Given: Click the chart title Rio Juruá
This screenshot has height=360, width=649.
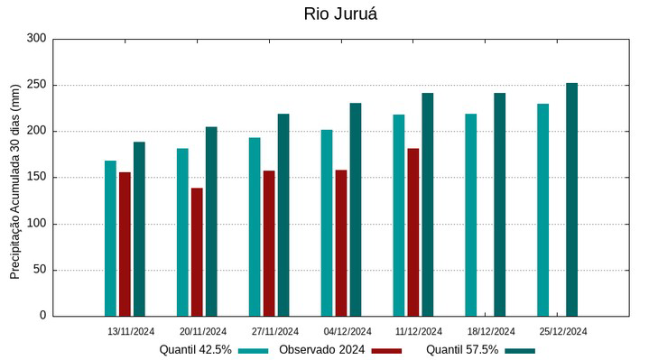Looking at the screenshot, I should pos(339,14).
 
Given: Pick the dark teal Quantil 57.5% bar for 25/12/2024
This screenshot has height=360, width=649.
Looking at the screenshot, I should pos(571,199).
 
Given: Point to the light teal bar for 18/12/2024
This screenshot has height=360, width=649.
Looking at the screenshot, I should pos(471,215).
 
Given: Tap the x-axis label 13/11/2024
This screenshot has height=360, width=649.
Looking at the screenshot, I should pos(130,331).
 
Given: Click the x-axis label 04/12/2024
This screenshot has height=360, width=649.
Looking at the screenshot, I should pos(347,331).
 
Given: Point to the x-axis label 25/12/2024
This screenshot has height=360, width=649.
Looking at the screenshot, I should pos(563,331).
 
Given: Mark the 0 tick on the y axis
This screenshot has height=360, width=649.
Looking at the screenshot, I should pos(42,316).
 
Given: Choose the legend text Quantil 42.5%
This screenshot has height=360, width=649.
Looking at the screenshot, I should pos(196,349).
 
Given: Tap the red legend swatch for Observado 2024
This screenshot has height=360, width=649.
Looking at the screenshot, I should pos(385,350).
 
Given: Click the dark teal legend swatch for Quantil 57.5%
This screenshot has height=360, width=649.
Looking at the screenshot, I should pos(520,350).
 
